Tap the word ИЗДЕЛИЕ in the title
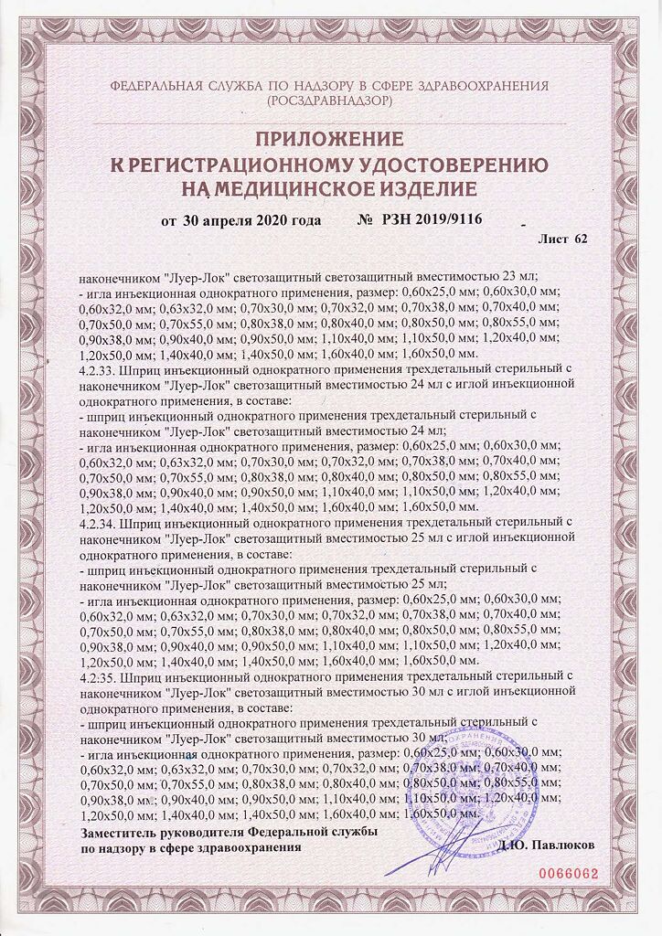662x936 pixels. [423, 189]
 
